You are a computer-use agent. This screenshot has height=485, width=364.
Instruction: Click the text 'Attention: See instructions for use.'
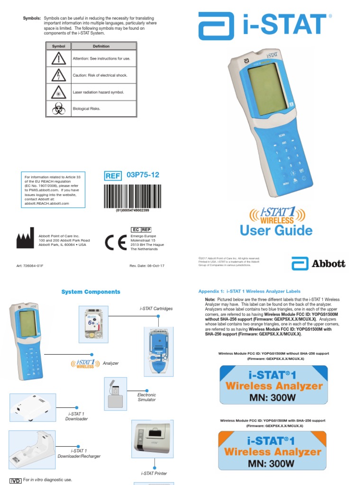(101, 59)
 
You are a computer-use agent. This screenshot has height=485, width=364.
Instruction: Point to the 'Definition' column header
(101, 46)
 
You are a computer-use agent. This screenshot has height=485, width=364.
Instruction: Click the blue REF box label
(113, 176)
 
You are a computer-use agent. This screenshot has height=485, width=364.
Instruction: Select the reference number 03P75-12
(143, 175)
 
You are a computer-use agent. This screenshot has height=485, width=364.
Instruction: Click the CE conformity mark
(116, 242)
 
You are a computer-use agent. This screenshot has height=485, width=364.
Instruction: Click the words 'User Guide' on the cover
(276, 231)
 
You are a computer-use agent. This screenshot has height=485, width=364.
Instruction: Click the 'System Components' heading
(91, 292)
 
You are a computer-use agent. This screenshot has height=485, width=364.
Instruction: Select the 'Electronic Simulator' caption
(146, 397)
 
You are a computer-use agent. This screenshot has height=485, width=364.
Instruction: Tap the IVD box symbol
(16, 481)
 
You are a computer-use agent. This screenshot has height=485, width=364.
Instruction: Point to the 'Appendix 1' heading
(249, 291)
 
